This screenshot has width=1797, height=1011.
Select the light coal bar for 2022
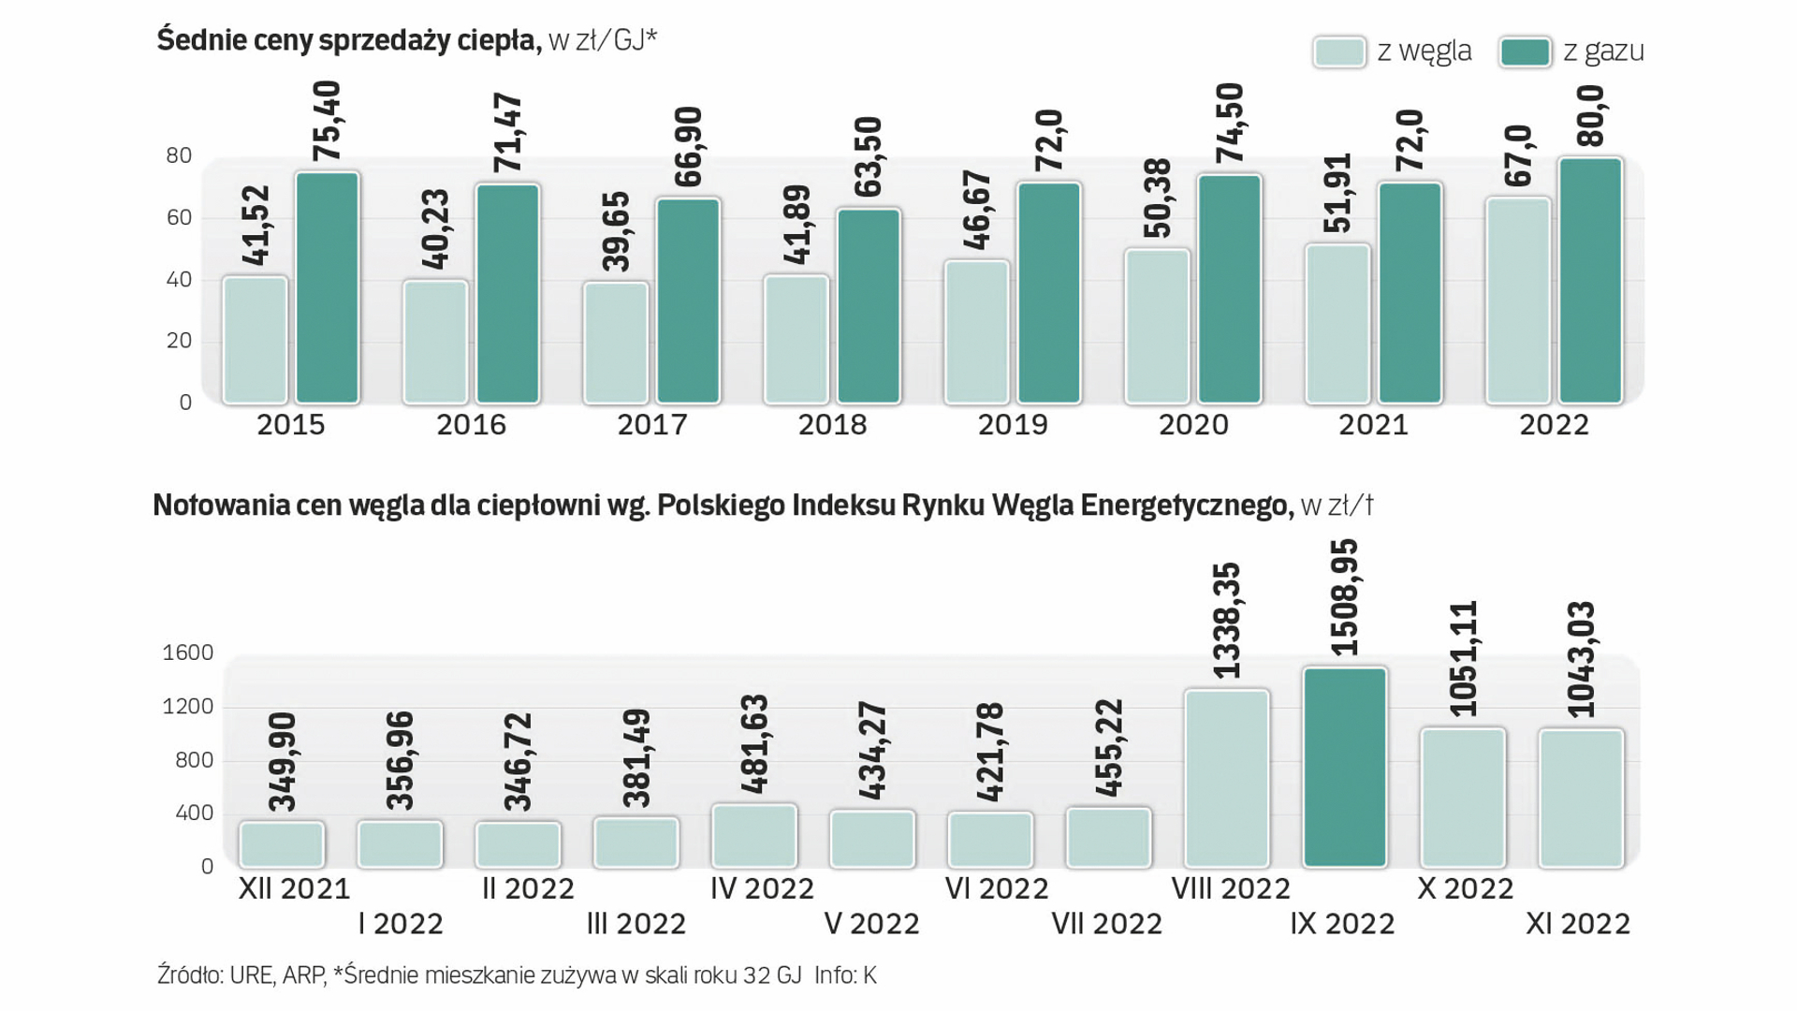(1518, 300)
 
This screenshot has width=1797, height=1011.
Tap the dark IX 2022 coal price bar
(1345, 768)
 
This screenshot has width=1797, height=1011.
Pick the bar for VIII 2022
(1227, 779)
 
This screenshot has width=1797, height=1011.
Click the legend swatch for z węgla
(1339, 51)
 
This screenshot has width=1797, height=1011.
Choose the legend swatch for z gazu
(1525, 51)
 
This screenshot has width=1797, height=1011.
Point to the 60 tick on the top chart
(179, 218)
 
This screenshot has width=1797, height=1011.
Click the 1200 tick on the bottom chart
(188, 707)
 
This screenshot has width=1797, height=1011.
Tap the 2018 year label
(832, 425)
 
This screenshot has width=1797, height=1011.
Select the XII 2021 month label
(294, 888)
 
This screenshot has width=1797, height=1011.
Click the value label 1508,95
(1344, 597)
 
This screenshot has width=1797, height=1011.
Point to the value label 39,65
(616, 231)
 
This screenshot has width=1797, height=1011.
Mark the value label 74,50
(1230, 123)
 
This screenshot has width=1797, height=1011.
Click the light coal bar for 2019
(977, 332)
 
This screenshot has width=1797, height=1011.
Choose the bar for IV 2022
(754, 836)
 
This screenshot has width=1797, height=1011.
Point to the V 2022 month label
(871, 924)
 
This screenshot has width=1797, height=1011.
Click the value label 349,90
(282, 761)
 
